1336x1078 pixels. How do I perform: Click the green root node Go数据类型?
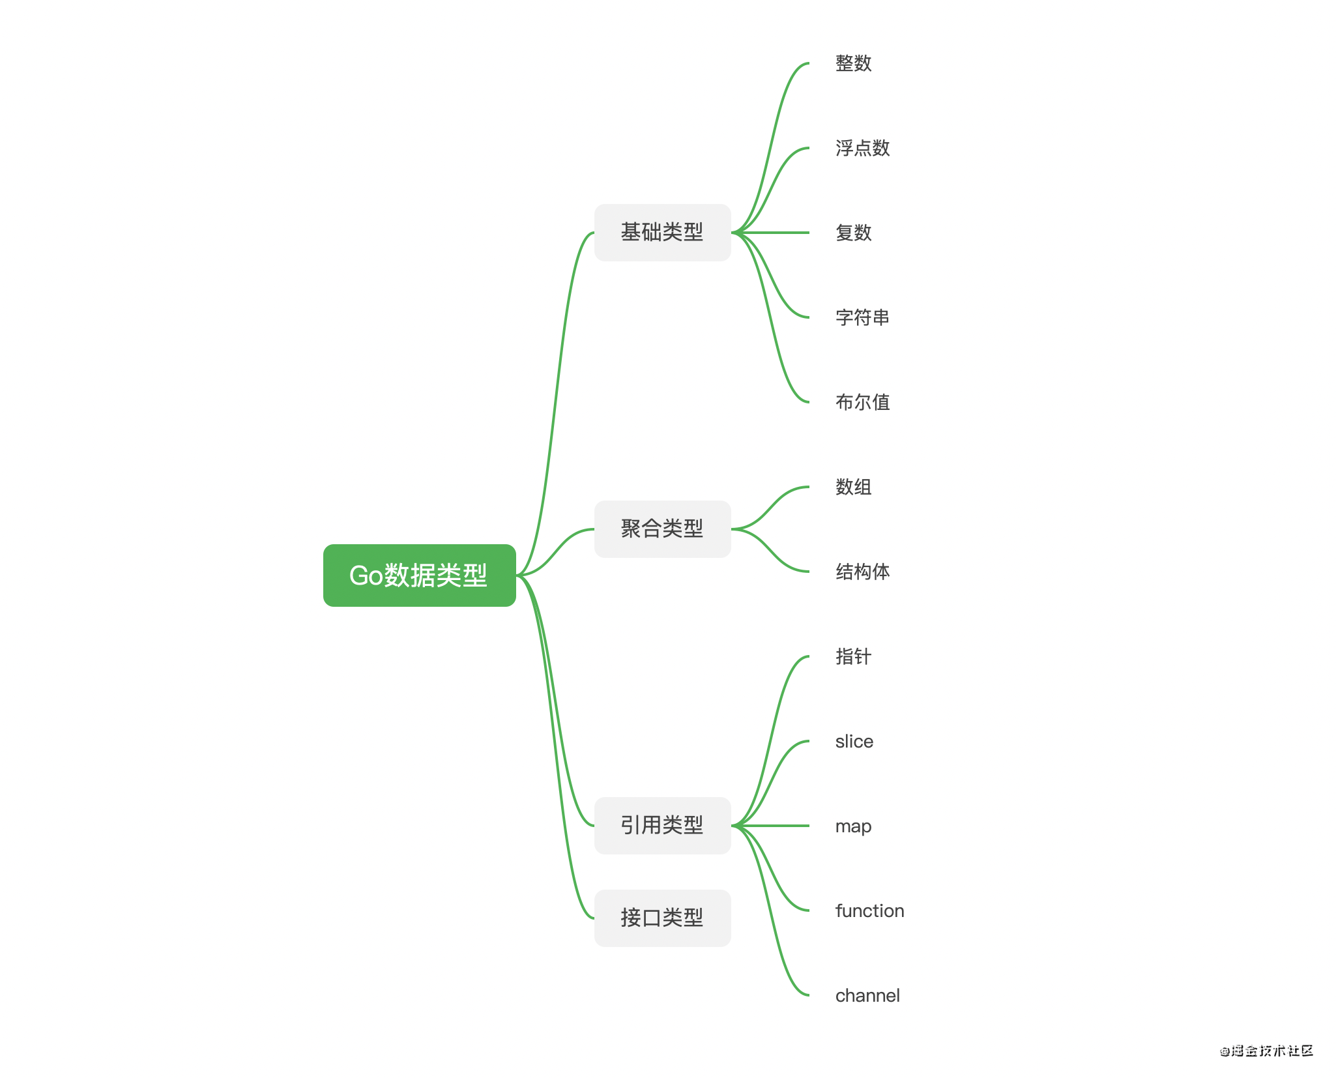419,575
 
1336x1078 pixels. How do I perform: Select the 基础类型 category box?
662,233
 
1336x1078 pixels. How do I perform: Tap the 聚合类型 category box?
662,529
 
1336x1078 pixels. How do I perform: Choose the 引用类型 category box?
662,826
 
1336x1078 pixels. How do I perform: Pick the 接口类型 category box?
662,918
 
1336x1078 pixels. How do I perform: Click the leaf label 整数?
854,63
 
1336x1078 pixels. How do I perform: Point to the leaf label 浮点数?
863,148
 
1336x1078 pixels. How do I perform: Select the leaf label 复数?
854,233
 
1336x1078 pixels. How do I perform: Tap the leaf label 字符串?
863,317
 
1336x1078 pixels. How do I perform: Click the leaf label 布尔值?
863,402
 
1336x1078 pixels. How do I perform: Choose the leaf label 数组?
854,487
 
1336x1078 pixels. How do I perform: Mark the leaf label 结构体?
863,572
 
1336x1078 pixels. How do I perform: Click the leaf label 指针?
854,656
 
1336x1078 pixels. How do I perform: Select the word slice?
854,741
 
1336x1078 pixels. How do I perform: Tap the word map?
854,826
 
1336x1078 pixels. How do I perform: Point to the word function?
870,910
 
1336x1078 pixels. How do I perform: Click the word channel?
868,995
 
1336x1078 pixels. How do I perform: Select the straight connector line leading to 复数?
770,233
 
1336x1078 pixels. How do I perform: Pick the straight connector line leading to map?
770,826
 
